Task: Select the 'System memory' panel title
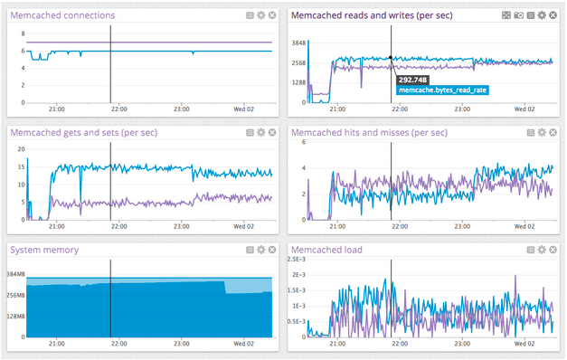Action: [43, 250]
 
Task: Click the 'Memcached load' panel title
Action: [327, 250]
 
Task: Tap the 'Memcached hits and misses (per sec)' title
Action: [369, 133]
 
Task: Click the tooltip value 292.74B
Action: [411, 80]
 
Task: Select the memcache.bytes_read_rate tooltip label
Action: [443, 90]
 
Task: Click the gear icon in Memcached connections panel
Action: [260, 15]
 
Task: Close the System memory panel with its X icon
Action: [272, 250]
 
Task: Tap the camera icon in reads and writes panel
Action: [506, 15]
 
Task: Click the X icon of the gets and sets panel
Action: [272, 133]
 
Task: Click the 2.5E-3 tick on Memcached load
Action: [301, 260]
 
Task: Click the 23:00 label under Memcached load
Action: [462, 344]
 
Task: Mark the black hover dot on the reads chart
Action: [391, 58]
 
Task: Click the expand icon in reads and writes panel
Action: [518, 15]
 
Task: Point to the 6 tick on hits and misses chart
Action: [306, 143]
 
